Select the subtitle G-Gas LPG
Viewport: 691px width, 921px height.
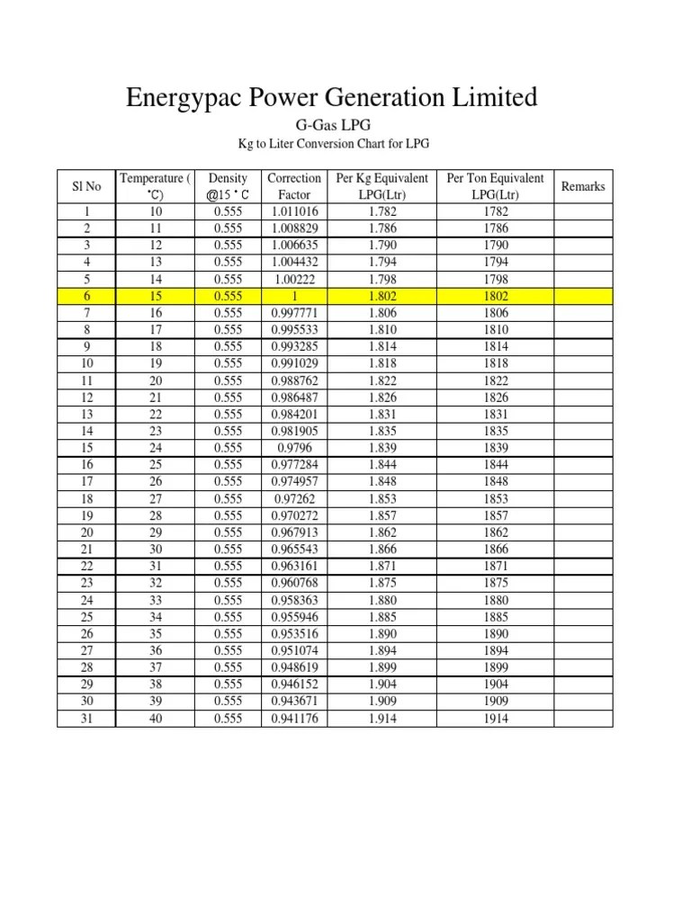point(333,126)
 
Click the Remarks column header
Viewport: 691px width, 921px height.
point(583,186)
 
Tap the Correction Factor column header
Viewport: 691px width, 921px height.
point(294,186)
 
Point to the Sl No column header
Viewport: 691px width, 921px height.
point(85,186)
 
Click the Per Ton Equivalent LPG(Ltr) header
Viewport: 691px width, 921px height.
point(495,186)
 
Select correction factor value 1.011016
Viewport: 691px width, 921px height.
point(294,211)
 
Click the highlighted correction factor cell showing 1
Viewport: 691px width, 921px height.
point(294,296)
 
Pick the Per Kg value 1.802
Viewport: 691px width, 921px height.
point(381,296)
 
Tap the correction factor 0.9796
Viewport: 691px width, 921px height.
point(294,448)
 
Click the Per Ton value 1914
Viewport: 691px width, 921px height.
point(495,719)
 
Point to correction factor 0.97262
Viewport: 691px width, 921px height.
point(294,498)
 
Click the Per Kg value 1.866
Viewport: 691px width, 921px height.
point(381,550)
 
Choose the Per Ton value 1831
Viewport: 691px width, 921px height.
point(495,415)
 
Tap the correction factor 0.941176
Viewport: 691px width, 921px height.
point(294,719)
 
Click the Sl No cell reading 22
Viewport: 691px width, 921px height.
point(85,567)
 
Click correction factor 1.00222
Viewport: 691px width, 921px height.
point(294,279)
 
